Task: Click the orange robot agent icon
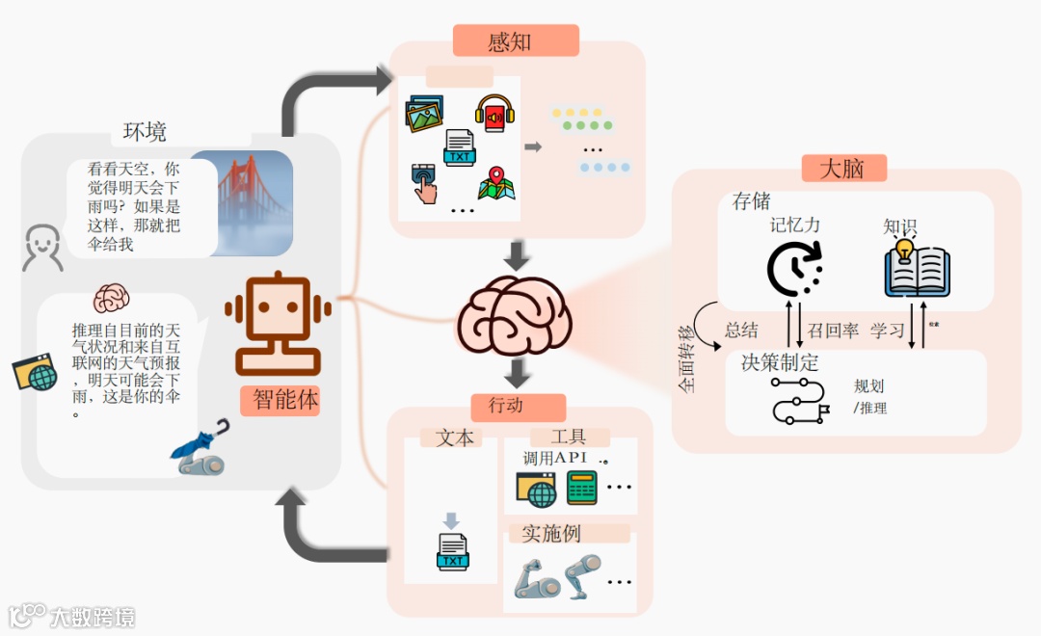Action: point(278,324)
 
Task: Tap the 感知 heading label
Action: point(510,41)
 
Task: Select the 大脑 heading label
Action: point(841,169)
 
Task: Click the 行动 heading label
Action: point(506,406)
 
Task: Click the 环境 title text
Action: point(145,132)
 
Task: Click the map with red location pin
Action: point(495,182)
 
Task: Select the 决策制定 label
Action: point(780,363)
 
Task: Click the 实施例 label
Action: point(551,534)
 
